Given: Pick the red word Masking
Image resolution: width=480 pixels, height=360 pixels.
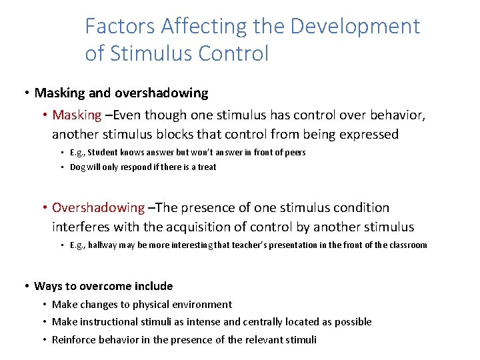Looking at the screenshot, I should pos(77,115).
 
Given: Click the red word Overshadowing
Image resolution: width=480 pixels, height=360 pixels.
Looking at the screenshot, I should pos(98,207).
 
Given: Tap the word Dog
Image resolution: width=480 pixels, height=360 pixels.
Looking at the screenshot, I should pos(78,167).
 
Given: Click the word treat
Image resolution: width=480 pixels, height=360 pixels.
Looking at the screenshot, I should pos(207,167).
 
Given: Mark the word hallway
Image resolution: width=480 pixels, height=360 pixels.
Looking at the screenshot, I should pos(105,245).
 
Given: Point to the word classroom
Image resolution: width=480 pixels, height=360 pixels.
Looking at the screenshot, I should pos(405,245).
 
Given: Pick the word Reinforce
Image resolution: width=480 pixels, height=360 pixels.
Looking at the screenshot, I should pos(75,339).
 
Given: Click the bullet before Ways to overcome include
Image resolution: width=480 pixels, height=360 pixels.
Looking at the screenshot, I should pos(25,286).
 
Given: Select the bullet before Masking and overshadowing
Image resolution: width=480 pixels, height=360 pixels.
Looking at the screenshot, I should pos(25,93).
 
